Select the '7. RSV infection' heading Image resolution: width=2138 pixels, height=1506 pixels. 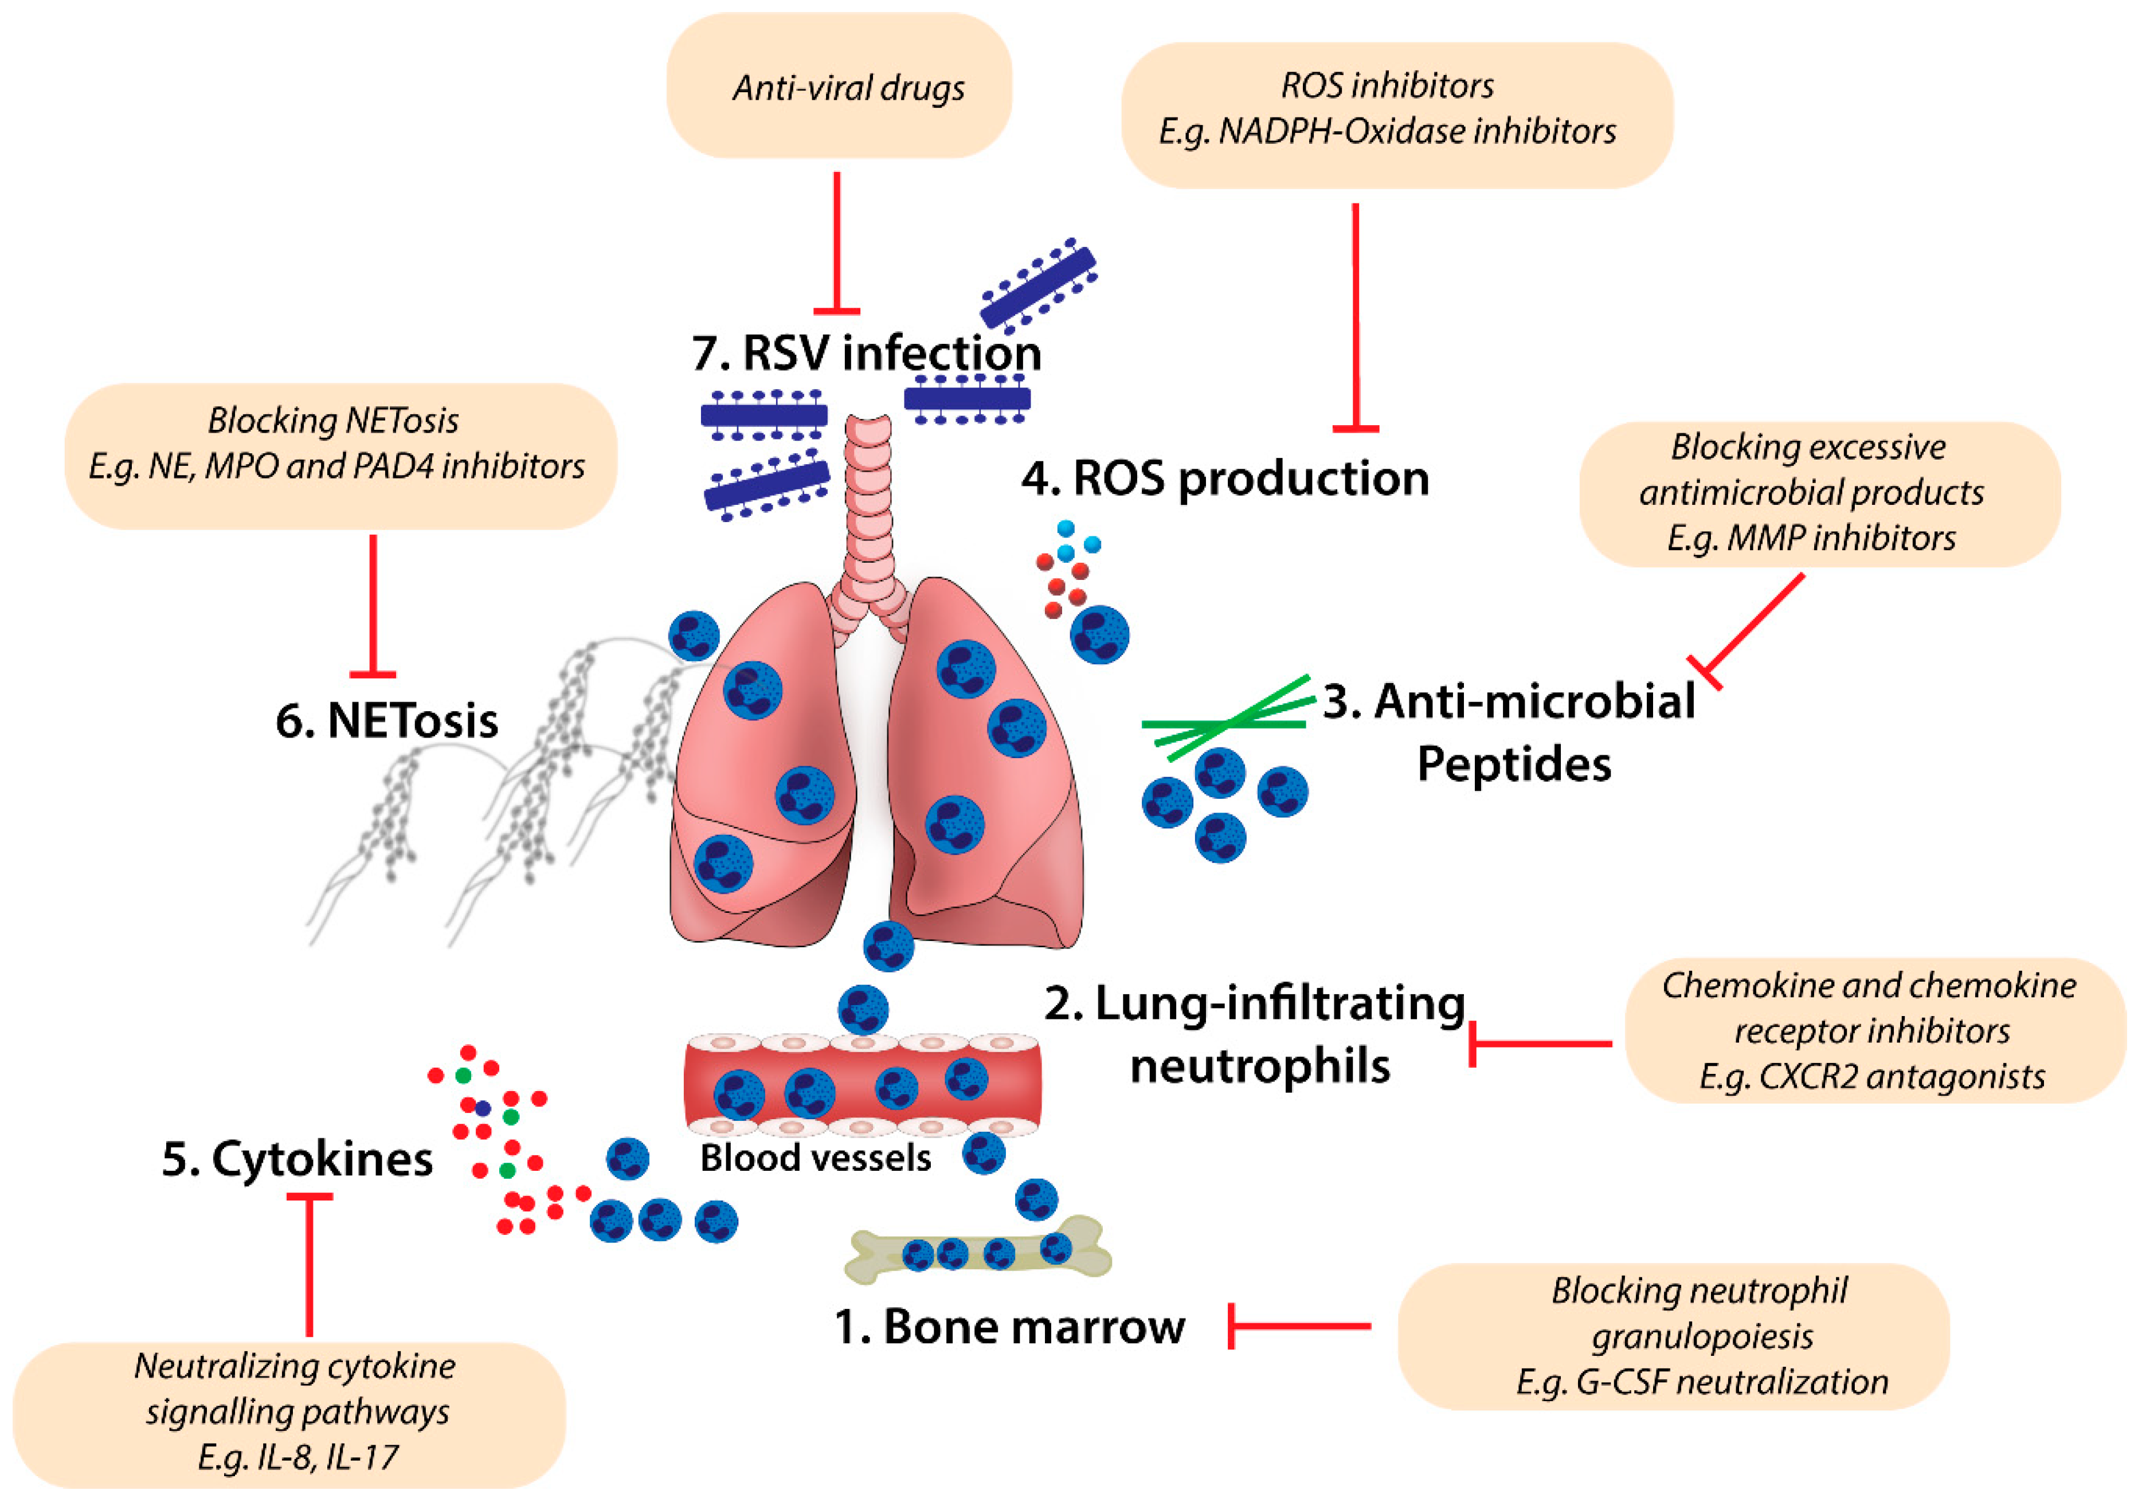pos(866,354)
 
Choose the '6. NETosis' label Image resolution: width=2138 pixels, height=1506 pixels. pos(386,720)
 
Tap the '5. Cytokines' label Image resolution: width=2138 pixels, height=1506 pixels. pos(297,1159)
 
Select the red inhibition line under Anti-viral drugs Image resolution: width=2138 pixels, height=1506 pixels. pos(836,242)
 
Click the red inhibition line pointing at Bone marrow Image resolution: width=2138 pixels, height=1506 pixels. pos(1299,1325)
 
